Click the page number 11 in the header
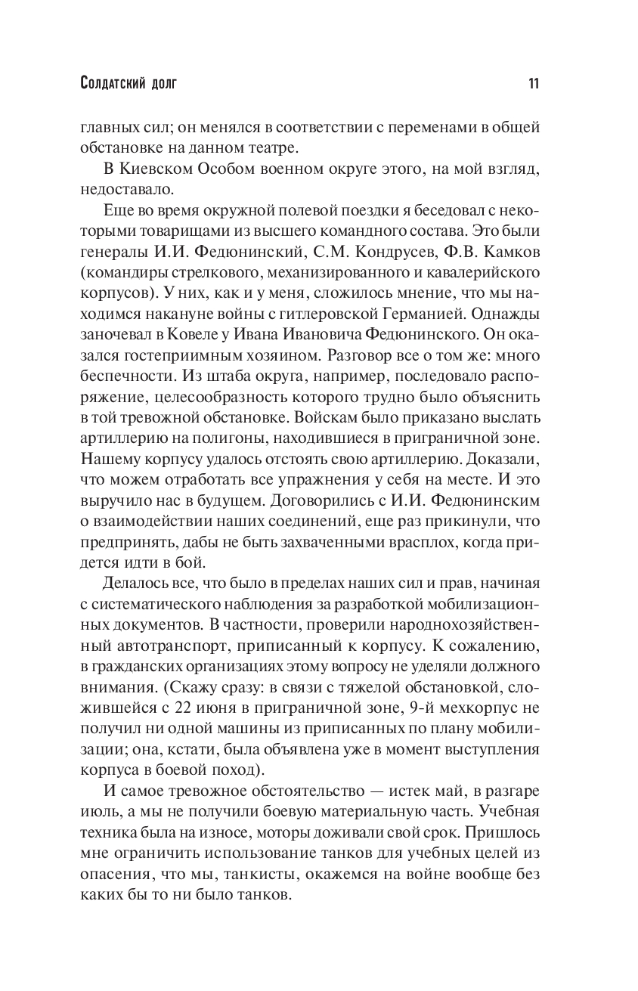532,83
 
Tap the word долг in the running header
162,83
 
